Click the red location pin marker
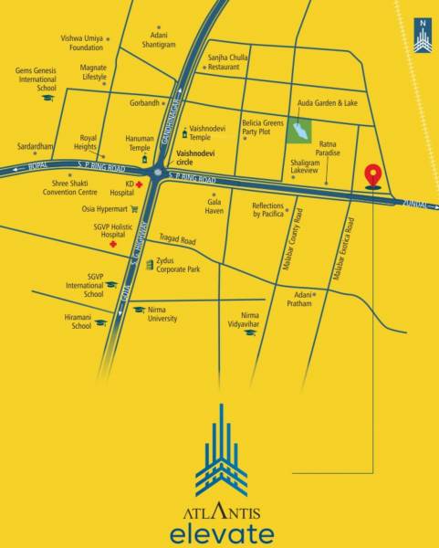371,174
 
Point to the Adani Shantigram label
159,39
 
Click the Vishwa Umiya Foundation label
82,42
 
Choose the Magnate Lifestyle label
94,72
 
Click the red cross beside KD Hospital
141,184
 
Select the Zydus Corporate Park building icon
150,263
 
